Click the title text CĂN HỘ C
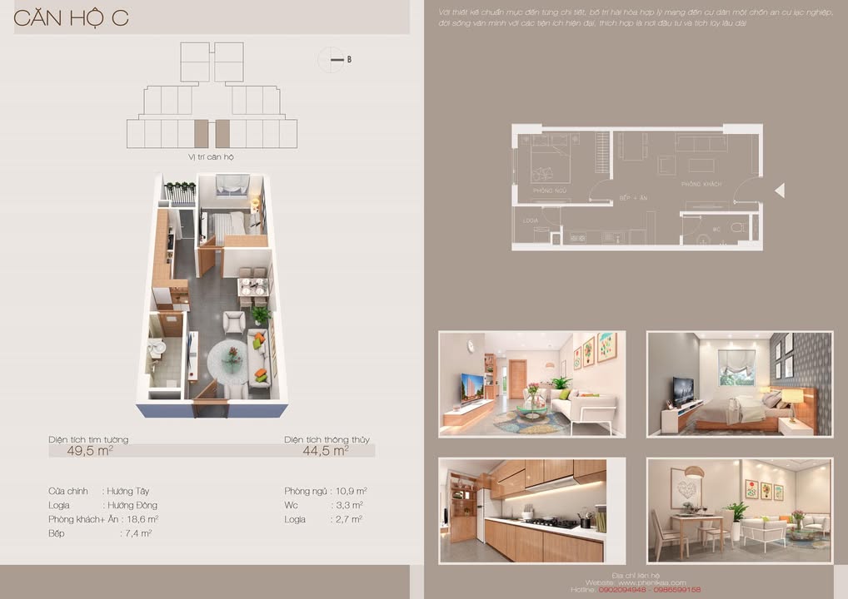click(72, 18)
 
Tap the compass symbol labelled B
click(332, 60)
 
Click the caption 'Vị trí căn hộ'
click(212, 156)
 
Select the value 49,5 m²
click(90, 451)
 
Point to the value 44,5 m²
click(326, 451)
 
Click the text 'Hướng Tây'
click(127, 492)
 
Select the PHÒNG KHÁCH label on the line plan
click(701, 184)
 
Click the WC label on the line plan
click(716, 227)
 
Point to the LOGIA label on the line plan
click(530, 220)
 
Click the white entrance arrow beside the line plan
click(780, 191)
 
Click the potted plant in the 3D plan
click(261, 315)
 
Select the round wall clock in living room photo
click(470, 345)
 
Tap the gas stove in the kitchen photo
click(555, 523)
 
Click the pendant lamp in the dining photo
click(694, 472)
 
